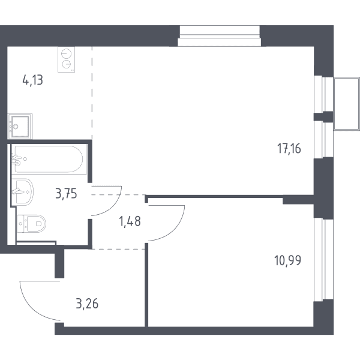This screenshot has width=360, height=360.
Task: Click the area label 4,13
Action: tap(32, 80)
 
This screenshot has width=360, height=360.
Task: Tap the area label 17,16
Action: tap(289, 148)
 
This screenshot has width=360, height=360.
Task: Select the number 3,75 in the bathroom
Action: tap(66, 194)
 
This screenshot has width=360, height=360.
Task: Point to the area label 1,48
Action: tap(130, 221)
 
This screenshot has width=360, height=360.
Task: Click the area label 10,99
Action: tap(287, 260)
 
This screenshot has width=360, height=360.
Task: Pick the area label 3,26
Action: tap(87, 304)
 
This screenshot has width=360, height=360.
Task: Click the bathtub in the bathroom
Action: tap(49, 159)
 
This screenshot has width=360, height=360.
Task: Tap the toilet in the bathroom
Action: tap(32, 224)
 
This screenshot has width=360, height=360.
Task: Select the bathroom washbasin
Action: tap(23, 192)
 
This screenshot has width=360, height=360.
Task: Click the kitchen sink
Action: tap(20, 126)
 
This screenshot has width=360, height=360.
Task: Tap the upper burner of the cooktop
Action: tap(67, 53)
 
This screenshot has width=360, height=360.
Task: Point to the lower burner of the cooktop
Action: tap(67, 65)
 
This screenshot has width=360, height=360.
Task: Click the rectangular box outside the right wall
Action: tap(347, 104)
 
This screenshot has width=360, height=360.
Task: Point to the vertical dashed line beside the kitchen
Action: tap(92, 93)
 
